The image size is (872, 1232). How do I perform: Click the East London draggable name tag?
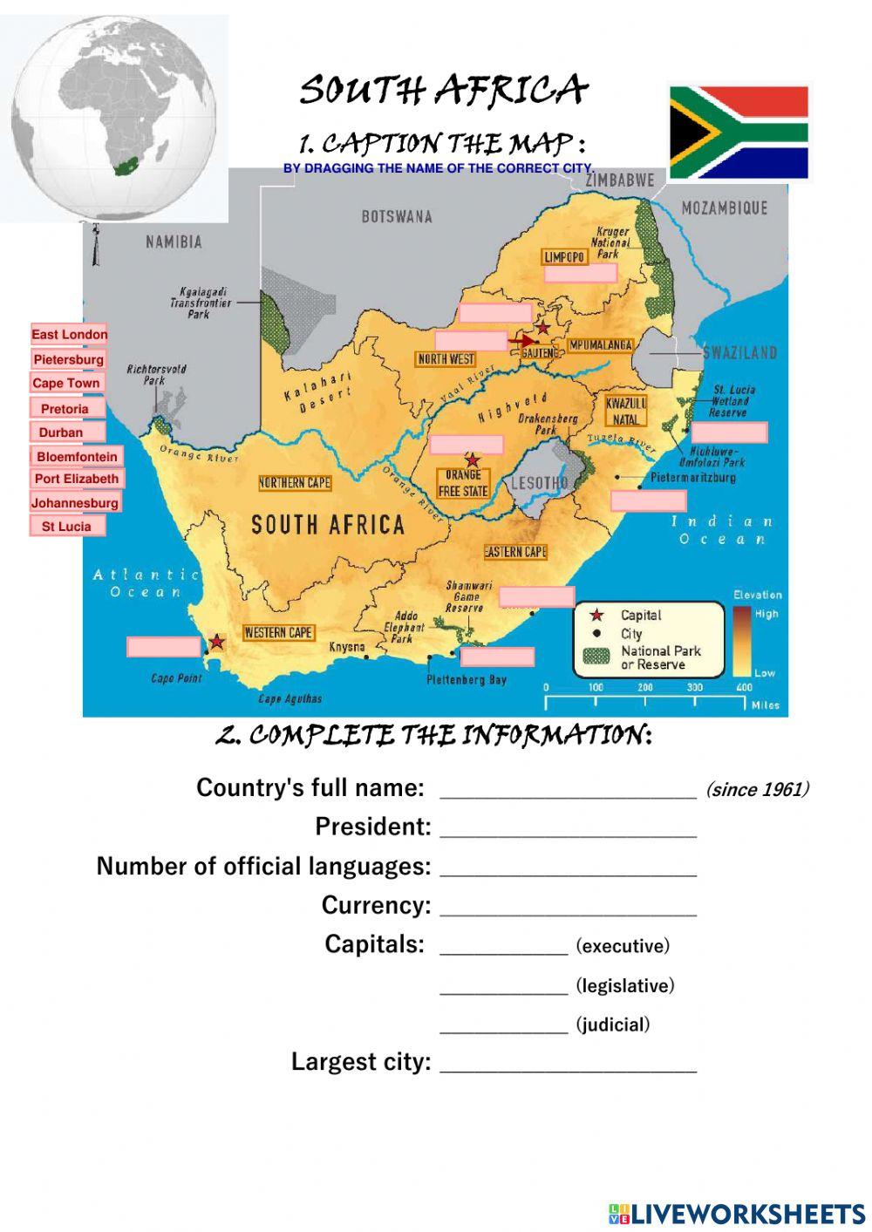tap(70, 335)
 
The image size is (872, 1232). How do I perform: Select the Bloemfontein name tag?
tap(77, 457)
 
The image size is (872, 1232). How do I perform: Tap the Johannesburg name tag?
tap(75, 503)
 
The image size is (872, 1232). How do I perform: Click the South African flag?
tap(739, 133)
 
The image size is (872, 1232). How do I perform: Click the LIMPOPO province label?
tap(564, 257)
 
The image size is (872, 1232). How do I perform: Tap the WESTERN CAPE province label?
tap(278, 633)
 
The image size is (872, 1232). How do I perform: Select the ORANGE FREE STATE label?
tap(463, 483)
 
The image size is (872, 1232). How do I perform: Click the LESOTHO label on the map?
tap(539, 483)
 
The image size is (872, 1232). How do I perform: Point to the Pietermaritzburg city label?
tap(693, 478)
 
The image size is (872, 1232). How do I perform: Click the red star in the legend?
tap(597, 616)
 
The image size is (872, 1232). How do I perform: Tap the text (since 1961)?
tap(757, 790)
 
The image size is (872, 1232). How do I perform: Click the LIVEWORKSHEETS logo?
tap(737, 1213)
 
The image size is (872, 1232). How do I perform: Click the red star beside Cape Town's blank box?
tap(217, 643)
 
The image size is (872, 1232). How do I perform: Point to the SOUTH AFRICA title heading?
tap(443, 90)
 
